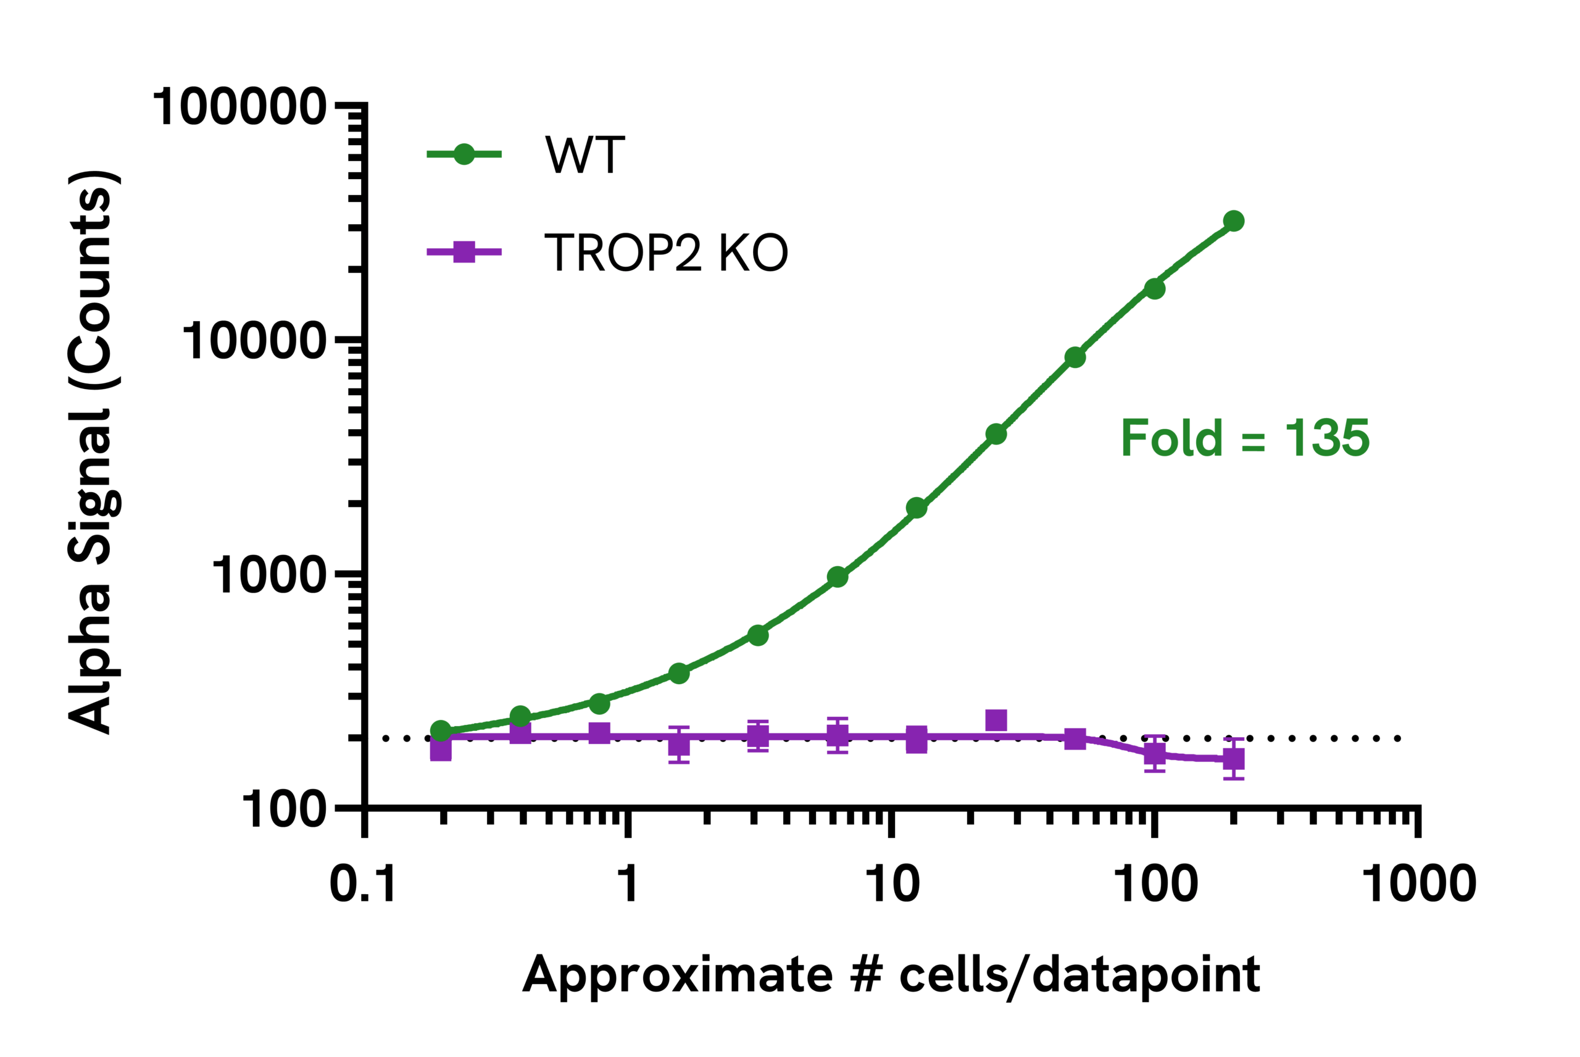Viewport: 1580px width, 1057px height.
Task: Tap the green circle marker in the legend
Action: (464, 154)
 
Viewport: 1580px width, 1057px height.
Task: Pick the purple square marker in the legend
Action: (464, 252)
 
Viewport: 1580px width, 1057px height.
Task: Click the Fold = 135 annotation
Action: (1245, 438)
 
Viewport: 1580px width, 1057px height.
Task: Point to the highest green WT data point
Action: (1234, 220)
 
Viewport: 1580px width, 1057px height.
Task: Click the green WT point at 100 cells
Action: (1155, 289)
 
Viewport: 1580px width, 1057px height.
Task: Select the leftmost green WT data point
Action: (441, 731)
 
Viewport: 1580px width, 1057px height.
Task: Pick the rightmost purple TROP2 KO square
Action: (1234, 759)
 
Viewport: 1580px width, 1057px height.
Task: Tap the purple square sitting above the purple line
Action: (996, 720)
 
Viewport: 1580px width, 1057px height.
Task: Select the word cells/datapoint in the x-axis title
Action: (1079, 976)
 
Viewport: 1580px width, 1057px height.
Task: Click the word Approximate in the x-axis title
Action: (678, 976)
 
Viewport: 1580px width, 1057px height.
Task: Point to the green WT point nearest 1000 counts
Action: (838, 577)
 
